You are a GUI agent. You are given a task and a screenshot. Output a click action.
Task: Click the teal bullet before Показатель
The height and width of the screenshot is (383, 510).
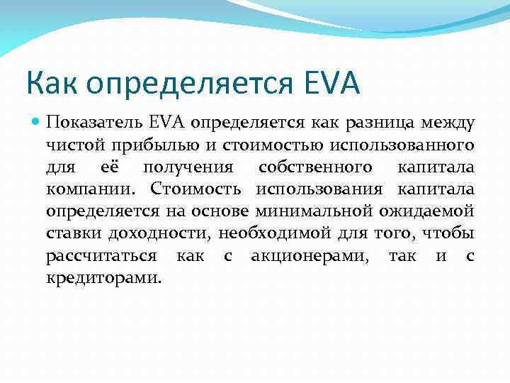tap(35, 122)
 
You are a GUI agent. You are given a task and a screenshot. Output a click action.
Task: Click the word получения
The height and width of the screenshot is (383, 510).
tap(188, 167)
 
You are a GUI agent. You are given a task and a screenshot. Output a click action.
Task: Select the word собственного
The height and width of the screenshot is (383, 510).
tap(315, 167)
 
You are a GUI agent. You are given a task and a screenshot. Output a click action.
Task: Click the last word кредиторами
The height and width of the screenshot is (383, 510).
tap(103, 277)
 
